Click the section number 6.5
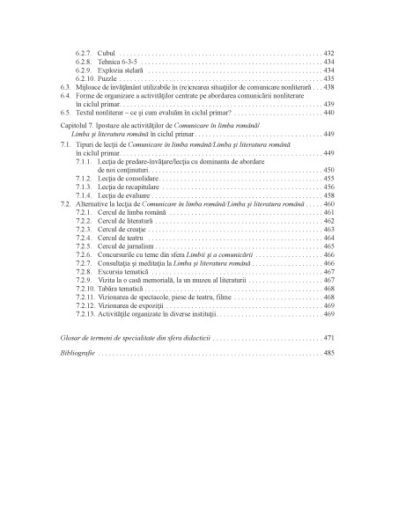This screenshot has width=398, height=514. (65, 114)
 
